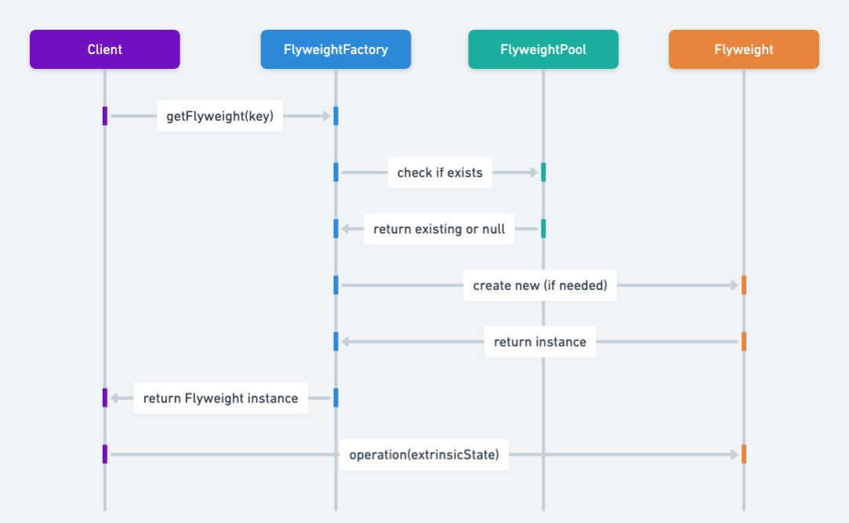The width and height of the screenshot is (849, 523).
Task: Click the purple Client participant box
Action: point(104,49)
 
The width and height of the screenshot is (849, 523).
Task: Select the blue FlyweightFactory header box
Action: point(336,49)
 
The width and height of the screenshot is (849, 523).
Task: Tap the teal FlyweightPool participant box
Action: point(542,49)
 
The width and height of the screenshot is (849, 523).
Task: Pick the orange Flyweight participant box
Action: point(743,49)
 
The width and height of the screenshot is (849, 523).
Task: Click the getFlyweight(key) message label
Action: point(220,116)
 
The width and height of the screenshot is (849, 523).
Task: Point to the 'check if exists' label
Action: point(440,173)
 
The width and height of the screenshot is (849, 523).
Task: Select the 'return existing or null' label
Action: point(439,229)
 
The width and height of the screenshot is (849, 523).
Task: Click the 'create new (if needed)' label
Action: point(540,285)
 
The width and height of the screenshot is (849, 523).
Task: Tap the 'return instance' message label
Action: point(540,342)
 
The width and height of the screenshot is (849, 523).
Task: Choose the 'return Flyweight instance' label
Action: point(220,398)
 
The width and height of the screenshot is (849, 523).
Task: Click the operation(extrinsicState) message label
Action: point(424,455)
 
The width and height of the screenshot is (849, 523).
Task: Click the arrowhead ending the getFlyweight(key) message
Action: point(326,116)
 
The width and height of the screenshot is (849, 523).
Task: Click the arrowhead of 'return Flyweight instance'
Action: point(114,398)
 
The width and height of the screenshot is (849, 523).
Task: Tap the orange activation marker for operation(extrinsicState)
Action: point(743,454)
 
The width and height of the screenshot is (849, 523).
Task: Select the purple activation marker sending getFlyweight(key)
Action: point(104,116)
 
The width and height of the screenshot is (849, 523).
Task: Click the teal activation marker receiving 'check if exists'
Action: point(542,173)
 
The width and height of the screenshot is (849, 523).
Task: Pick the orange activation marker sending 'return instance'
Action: point(743,341)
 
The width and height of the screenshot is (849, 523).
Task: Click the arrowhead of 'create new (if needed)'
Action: point(734,285)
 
